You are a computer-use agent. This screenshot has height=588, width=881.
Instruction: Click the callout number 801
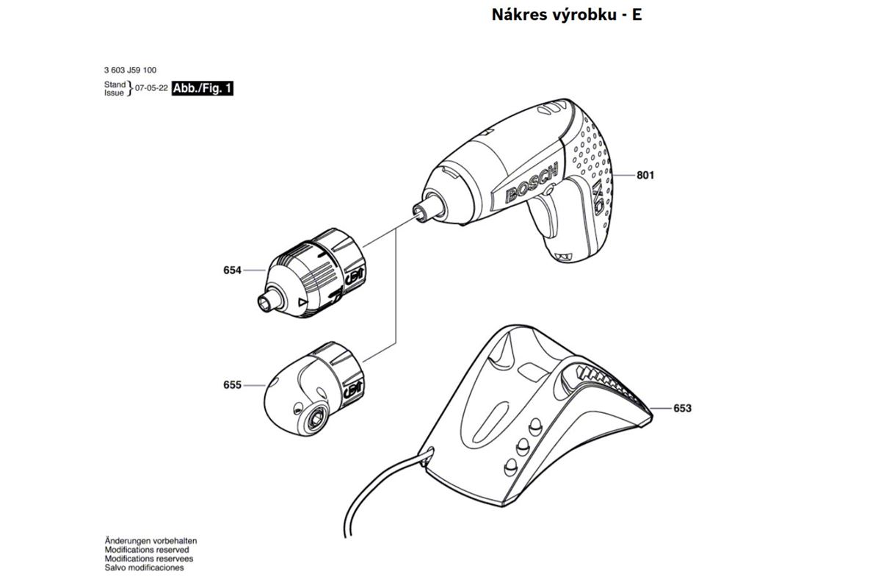(x=645, y=175)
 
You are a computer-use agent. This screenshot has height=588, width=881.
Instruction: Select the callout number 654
(x=232, y=270)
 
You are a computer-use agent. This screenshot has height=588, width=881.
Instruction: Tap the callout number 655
(x=232, y=385)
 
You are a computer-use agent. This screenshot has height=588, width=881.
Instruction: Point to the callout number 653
(x=682, y=408)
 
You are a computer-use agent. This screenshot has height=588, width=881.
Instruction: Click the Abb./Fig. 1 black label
(x=203, y=87)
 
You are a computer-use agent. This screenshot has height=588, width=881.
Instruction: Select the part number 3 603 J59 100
(x=130, y=70)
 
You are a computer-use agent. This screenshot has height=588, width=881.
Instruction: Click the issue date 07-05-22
(x=151, y=87)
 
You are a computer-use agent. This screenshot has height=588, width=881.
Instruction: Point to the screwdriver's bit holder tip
(x=421, y=213)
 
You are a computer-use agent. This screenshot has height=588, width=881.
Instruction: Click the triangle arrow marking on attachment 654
(x=302, y=303)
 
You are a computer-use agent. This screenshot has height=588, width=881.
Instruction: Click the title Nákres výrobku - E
(x=567, y=15)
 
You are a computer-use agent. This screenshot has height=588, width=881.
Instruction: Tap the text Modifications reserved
(x=147, y=550)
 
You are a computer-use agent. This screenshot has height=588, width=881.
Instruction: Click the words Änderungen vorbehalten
(x=151, y=541)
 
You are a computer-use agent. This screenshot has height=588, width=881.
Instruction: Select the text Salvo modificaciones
(x=144, y=568)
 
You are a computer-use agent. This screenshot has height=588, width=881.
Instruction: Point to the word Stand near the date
(x=115, y=85)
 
